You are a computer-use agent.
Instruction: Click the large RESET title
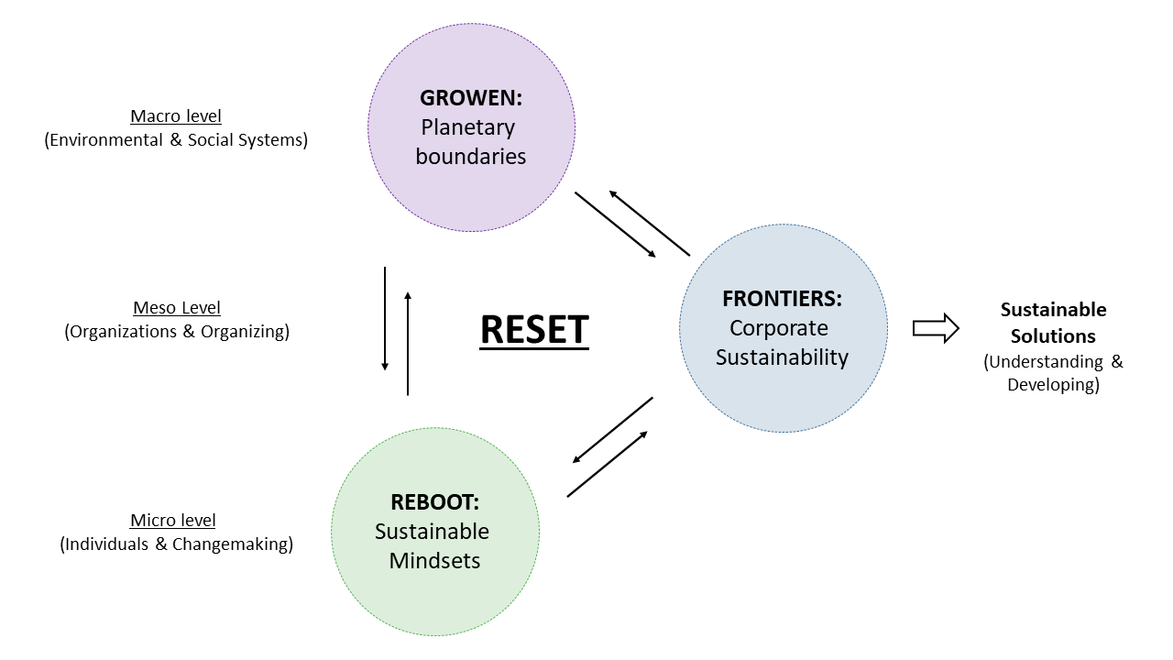pos(534,329)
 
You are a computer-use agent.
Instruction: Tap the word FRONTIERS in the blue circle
pos(781,299)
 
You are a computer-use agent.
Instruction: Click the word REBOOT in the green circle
pos(434,502)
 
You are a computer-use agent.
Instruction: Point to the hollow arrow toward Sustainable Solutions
pos(936,327)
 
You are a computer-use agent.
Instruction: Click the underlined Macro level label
pos(176,116)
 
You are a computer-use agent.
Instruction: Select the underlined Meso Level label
pos(177,308)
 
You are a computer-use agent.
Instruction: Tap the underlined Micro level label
pos(173,521)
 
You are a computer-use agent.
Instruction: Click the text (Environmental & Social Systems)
pos(176,140)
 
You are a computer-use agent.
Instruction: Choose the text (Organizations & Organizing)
pos(177,332)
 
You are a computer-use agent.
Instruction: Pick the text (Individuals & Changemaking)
pos(177,544)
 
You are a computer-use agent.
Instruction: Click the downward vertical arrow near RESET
pos(385,319)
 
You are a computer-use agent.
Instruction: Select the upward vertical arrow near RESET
pos(408,343)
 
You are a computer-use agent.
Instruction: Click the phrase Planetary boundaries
pos(470,142)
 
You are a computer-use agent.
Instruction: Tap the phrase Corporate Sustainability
pos(782,343)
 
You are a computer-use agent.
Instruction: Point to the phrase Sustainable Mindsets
pos(433,546)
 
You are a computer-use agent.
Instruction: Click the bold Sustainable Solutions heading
pos(1053,323)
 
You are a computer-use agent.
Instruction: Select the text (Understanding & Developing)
pos(1053,373)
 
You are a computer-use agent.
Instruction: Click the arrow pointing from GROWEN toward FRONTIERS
pos(615,225)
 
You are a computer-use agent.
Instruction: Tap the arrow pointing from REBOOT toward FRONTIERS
pos(608,464)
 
